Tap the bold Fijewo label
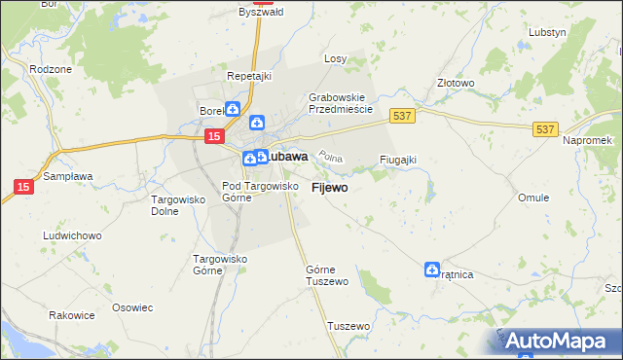(x=330, y=187)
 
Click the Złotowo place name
(x=456, y=84)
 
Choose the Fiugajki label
(x=398, y=160)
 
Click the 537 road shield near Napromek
(x=544, y=127)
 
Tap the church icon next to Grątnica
(x=432, y=270)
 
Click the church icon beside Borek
(x=232, y=110)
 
